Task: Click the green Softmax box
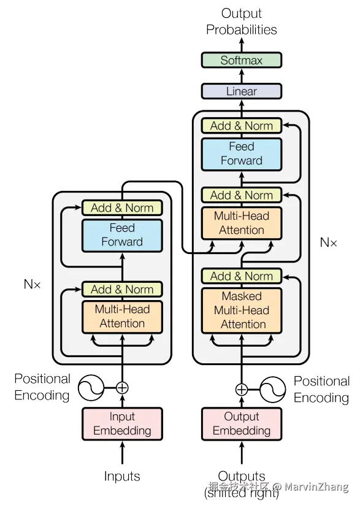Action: pyautogui.click(x=242, y=60)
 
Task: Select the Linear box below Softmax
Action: pyautogui.click(x=242, y=91)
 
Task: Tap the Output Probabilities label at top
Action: pyautogui.click(x=241, y=21)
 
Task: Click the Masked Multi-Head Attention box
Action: pyautogui.click(x=242, y=310)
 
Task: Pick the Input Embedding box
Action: pyautogui.click(x=122, y=424)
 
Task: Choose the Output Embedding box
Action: pyautogui.click(x=242, y=424)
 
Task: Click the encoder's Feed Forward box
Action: pyautogui.click(x=122, y=235)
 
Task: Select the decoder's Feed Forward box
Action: pyautogui.click(x=242, y=154)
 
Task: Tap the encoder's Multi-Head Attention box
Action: pyautogui.click(x=122, y=317)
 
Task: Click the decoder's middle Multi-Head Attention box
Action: pyautogui.click(x=242, y=223)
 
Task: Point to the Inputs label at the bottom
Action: pyautogui.click(x=122, y=476)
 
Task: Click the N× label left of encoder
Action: pyautogui.click(x=32, y=284)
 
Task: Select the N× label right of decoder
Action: pyautogui.click(x=329, y=242)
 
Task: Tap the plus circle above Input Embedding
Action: pyautogui.click(x=122, y=388)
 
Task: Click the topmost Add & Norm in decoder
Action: pyautogui.click(x=242, y=126)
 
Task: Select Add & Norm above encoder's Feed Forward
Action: pyautogui.click(x=122, y=208)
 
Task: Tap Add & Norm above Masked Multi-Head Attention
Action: pyautogui.click(x=242, y=276)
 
